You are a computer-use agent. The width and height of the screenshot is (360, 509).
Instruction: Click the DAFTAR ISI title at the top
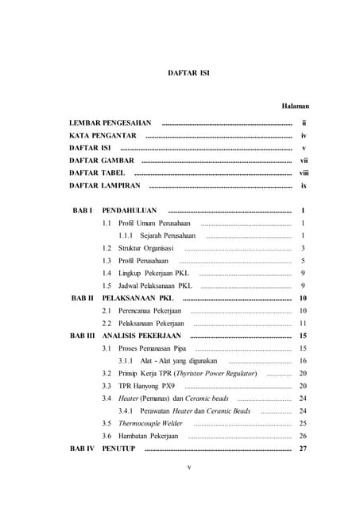pos(188,73)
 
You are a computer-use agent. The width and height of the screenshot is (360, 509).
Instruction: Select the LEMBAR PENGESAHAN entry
pos(110,123)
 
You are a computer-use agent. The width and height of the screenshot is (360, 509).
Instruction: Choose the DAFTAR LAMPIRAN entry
pos(105,185)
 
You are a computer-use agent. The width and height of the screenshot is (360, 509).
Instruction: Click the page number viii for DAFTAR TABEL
pos(304,173)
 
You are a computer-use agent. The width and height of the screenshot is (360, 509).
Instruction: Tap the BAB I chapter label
pos(83,211)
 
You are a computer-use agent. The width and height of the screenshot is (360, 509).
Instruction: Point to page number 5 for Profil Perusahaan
pos(304,261)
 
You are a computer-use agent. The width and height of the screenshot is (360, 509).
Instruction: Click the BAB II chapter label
pos(83,298)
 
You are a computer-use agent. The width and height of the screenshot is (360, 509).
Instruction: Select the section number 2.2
pos(106,324)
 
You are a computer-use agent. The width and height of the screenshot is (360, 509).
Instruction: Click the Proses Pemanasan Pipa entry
pos(152,348)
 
